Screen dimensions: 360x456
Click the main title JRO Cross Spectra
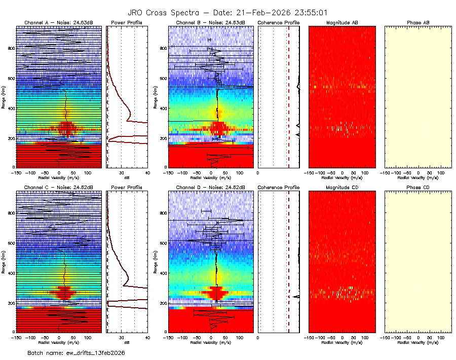[228, 12]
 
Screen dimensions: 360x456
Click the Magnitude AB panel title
[342, 23]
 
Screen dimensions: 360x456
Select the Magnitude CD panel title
[342, 187]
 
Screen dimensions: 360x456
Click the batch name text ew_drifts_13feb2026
[76, 352]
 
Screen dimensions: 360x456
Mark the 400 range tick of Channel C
[11, 273]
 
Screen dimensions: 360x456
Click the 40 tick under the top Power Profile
[147, 172]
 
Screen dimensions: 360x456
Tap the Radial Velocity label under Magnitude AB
[342, 177]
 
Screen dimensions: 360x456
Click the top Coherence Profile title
[279, 23]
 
